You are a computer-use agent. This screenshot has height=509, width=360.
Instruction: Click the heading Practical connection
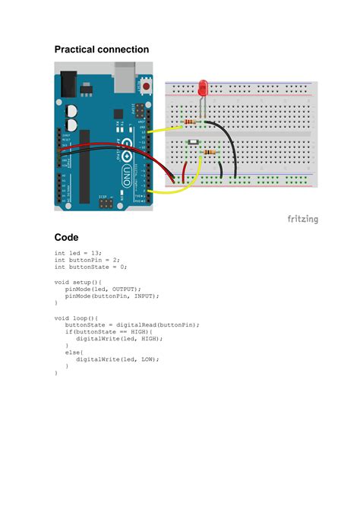(101, 49)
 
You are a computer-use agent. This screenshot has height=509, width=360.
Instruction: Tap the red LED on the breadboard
(203, 88)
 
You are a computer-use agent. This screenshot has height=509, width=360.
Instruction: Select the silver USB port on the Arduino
(122, 73)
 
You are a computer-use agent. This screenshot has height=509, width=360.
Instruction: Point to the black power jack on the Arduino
(69, 80)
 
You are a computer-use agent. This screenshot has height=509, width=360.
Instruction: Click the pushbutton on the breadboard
(195, 144)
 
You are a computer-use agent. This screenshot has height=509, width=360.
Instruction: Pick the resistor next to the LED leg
(191, 121)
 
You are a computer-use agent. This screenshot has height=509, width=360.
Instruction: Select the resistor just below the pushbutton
(208, 153)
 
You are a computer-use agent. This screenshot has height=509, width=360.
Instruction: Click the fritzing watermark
(302, 220)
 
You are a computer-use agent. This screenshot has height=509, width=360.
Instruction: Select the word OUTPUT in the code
(125, 289)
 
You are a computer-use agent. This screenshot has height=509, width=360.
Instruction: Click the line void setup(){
(77, 281)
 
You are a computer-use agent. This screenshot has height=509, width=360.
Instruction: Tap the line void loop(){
(76, 317)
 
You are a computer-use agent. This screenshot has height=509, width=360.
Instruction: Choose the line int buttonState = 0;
(90, 267)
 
